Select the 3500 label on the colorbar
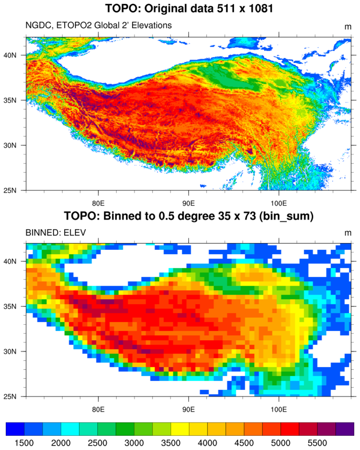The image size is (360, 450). [171, 443]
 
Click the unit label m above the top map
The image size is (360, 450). [348, 27]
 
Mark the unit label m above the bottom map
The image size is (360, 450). [348, 233]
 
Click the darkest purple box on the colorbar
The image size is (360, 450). [345, 429]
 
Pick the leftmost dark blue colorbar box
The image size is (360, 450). [15, 429]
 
